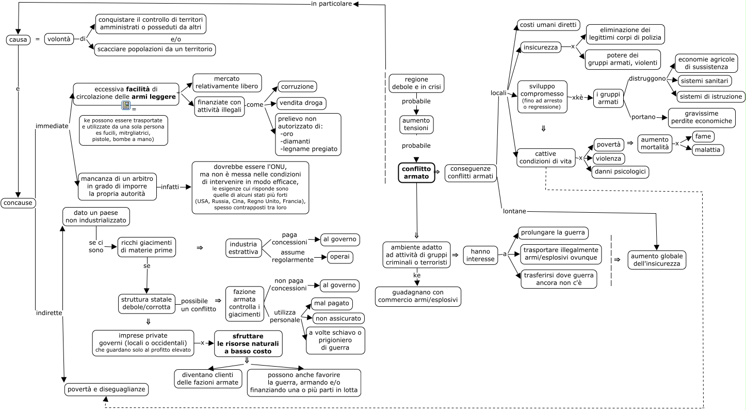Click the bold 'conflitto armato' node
coord(416,172)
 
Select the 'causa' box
coord(18,40)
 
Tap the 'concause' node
coord(18,202)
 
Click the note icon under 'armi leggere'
coord(125,105)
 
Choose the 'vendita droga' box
coord(301,103)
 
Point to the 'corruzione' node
coord(297,86)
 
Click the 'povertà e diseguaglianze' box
coord(106,389)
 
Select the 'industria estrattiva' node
coord(243,248)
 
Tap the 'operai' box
coord(339,257)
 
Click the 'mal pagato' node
coord(331,303)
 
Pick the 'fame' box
coord(703,136)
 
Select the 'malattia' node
coord(708,150)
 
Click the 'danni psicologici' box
coord(620,171)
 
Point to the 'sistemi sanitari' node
coord(704,81)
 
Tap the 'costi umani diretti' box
coord(548,25)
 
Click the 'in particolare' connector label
coord(331,4)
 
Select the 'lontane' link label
coord(514,211)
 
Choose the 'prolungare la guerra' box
coord(553,233)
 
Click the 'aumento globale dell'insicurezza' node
coord(657,260)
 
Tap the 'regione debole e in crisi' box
coord(416,83)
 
